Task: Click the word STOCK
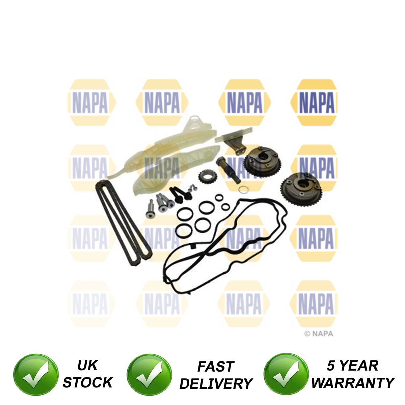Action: pyautogui.click(x=87, y=382)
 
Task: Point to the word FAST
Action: pyautogui.click(x=215, y=367)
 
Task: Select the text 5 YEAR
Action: pyautogui.click(x=352, y=366)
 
